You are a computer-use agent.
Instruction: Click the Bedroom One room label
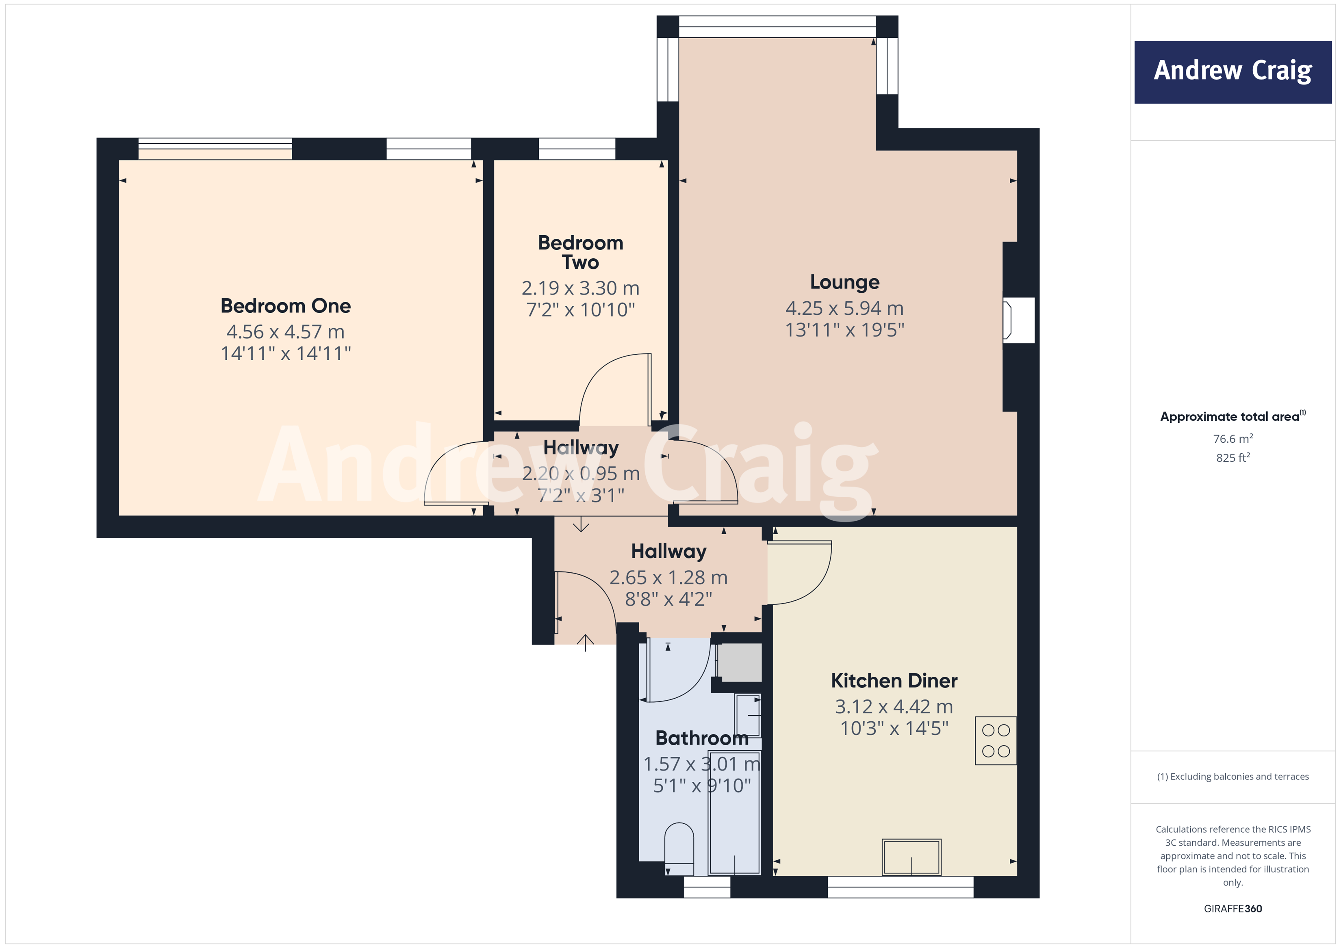coord(286,306)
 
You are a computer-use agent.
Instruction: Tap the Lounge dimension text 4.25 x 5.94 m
coord(844,307)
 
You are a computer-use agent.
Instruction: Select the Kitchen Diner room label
coord(894,681)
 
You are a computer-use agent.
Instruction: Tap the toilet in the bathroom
coord(679,847)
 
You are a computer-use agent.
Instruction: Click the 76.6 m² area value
coord(1233,438)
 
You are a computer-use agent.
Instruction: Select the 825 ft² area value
coord(1233,458)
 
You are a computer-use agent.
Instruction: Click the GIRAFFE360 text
coord(1233,908)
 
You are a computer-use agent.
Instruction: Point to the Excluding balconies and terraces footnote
coord(1233,776)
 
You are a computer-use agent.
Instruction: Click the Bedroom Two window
coord(577,148)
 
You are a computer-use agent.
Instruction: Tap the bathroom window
coord(706,887)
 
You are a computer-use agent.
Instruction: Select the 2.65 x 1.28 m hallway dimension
coord(668,577)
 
